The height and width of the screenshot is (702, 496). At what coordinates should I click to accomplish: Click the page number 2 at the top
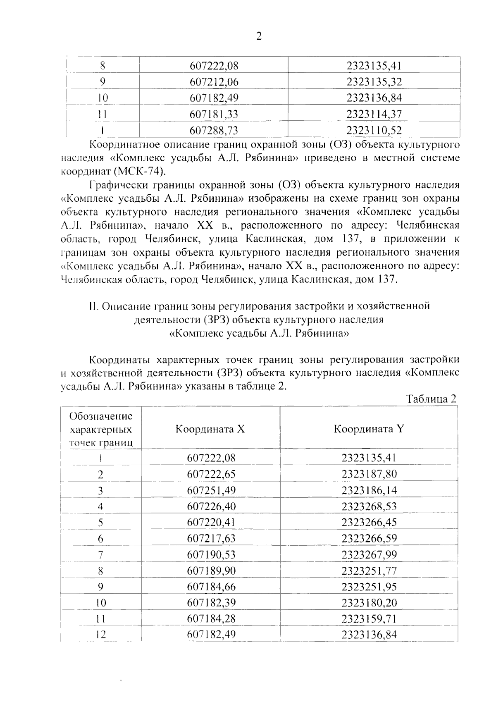pos(259,36)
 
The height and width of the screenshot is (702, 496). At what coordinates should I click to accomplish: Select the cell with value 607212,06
pos(214,82)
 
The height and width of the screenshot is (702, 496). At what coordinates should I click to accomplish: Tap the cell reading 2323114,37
pos(374,114)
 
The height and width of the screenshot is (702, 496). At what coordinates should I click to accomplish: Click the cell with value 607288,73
pos(214,131)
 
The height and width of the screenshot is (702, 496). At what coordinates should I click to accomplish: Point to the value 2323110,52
pos(374,131)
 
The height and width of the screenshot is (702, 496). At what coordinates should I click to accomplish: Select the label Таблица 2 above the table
pos(431,399)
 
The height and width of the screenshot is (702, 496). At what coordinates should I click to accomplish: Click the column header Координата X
pos(210,429)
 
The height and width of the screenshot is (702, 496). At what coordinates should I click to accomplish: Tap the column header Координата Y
pos(369,429)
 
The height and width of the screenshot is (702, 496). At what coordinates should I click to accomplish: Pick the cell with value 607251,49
pos(211,490)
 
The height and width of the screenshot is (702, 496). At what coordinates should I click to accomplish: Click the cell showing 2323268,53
pos(369,506)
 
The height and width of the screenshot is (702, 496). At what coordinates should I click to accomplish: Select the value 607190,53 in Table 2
pos(211,555)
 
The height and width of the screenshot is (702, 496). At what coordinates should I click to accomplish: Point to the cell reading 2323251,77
pos(369,571)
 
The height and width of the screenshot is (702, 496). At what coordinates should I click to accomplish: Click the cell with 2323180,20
pos(369,603)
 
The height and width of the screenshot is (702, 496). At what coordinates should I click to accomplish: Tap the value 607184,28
pos(211,619)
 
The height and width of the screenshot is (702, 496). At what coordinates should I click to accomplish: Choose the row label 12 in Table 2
pos(100,635)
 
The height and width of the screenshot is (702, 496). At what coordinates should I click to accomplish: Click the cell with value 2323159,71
pos(369,619)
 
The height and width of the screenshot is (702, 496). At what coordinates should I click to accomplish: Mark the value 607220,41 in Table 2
pos(211,523)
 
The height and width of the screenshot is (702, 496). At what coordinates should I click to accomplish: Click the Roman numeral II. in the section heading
pos(93,306)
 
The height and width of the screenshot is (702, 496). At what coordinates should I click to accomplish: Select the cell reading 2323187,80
pos(369,474)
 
